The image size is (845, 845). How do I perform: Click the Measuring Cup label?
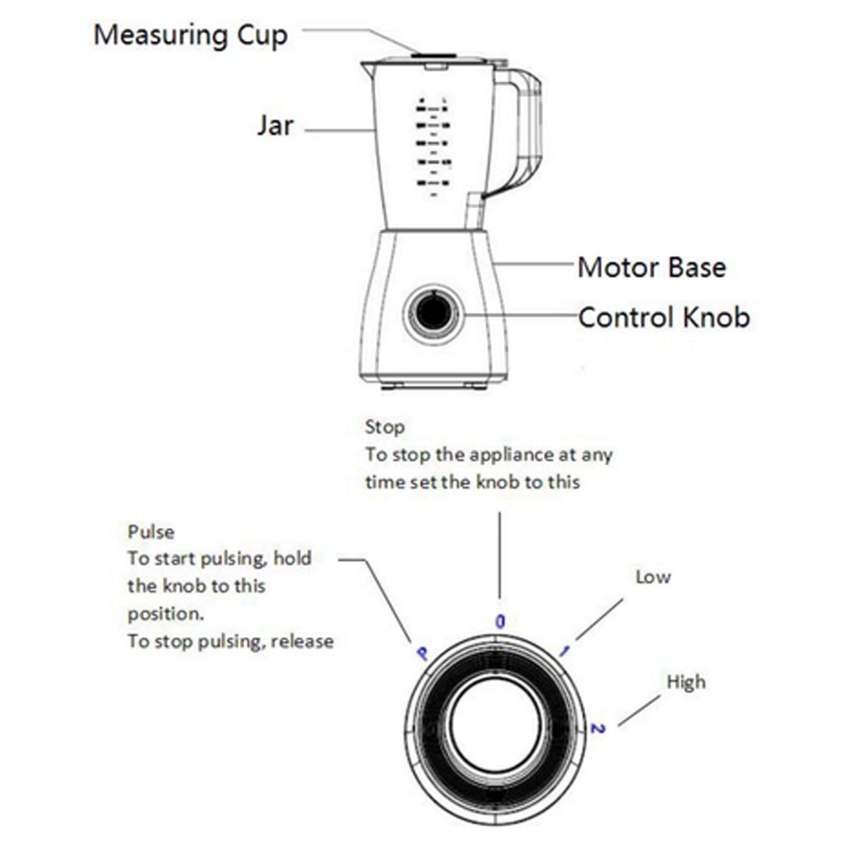(x=190, y=35)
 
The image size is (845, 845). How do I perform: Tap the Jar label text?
(x=275, y=126)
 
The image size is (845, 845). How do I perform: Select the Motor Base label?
(x=651, y=268)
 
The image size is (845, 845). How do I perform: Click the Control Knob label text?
(x=663, y=318)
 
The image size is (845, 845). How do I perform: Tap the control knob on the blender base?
(x=433, y=313)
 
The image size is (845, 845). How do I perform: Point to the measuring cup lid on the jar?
(x=434, y=57)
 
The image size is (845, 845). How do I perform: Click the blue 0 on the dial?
(x=500, y=621)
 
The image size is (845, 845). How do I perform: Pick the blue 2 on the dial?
(x=598, y=728)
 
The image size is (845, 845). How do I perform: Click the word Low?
(x=653, y=577)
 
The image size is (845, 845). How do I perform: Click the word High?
(x=685, y=682)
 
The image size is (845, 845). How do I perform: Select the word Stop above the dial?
(x=385, y=427)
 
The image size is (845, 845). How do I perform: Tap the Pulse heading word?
(x=151, y=532)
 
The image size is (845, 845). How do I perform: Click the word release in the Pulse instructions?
(x=304, y=642)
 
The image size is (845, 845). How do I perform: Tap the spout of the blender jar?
(x=366, y=67)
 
